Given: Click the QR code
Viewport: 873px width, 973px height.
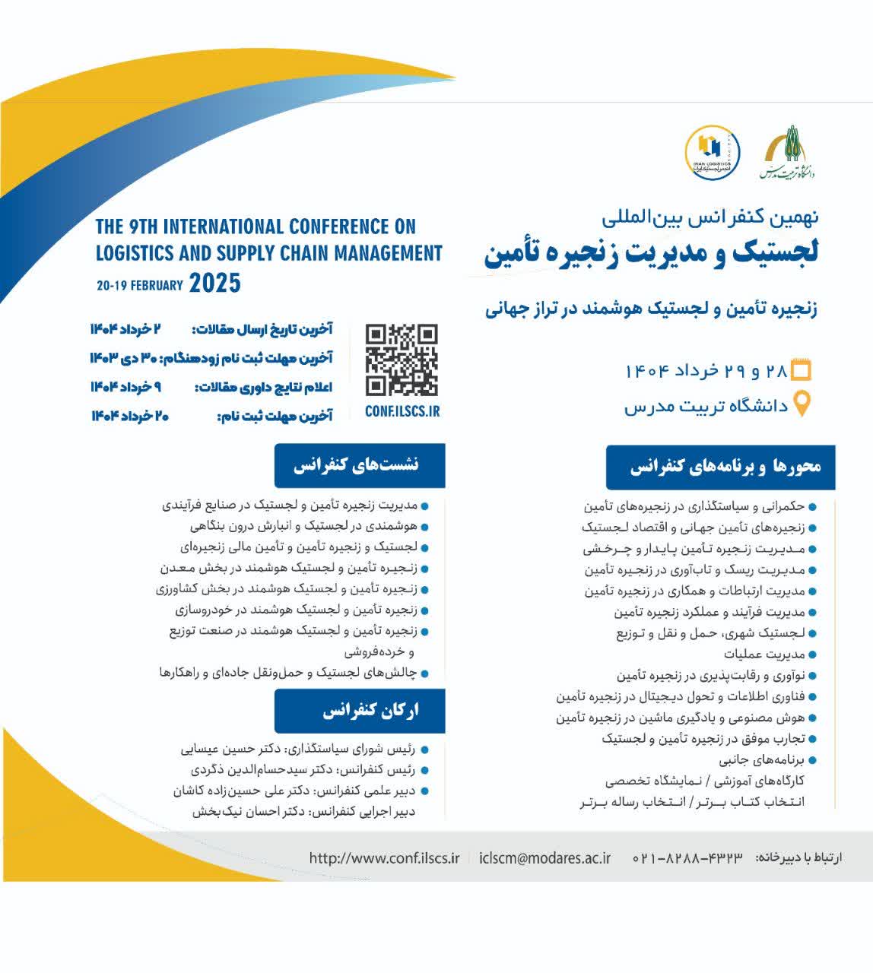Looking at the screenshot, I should pos(402,360).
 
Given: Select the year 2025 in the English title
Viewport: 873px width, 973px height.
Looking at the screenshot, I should pos(214,284).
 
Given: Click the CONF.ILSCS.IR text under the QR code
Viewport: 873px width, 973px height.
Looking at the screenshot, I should pos(402,411).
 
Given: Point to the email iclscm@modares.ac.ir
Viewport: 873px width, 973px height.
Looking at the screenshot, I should pos(545,857).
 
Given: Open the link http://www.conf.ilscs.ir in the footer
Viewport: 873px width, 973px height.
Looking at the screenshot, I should pos(384,857).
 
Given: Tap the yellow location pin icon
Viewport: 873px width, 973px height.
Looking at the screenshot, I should pos(802,404).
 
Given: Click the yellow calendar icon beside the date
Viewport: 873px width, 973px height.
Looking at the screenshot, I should pos(802,370).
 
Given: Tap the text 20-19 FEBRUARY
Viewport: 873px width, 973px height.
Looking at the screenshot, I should pos(140,286).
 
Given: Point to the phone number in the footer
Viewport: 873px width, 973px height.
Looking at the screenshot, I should pos(687,858).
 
